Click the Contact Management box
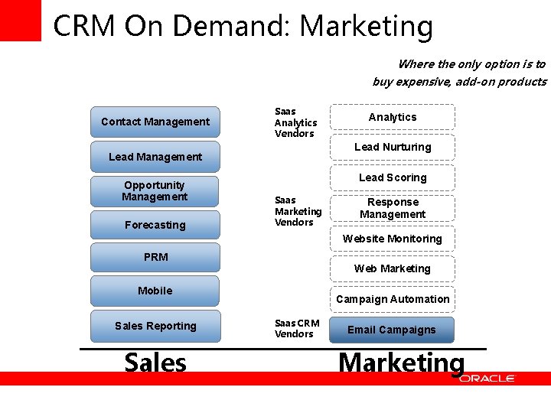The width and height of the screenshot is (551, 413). tap(155, 122)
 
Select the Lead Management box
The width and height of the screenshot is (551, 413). tap(155, 157)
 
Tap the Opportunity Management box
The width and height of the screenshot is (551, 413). tap(155, 191)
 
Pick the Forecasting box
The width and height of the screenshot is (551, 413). tap(155, 225)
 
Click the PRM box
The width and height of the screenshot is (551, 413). tap(155, 257)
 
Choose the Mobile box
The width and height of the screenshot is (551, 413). tap(155, 291)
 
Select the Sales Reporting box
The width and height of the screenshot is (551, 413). tap(155, 326)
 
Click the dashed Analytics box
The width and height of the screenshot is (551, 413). tap(393, 117)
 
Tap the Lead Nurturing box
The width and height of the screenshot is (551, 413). tap(393, 147)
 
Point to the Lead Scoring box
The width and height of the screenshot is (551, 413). tap(393, 177)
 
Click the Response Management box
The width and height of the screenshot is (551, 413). tap(393, 208)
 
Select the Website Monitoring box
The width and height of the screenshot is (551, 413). tap(393, 239)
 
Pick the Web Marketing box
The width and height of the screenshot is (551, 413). tap(393, 268)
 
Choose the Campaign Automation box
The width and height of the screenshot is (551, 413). tap(393, 299)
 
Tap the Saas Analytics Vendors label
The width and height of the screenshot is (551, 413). tap(295, 122)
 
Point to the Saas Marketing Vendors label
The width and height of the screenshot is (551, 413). tap(298, 211)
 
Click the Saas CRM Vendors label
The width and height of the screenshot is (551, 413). tap(297, 328)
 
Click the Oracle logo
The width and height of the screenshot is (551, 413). tap(487, 379)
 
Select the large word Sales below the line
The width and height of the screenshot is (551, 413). tap(155, 362)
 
